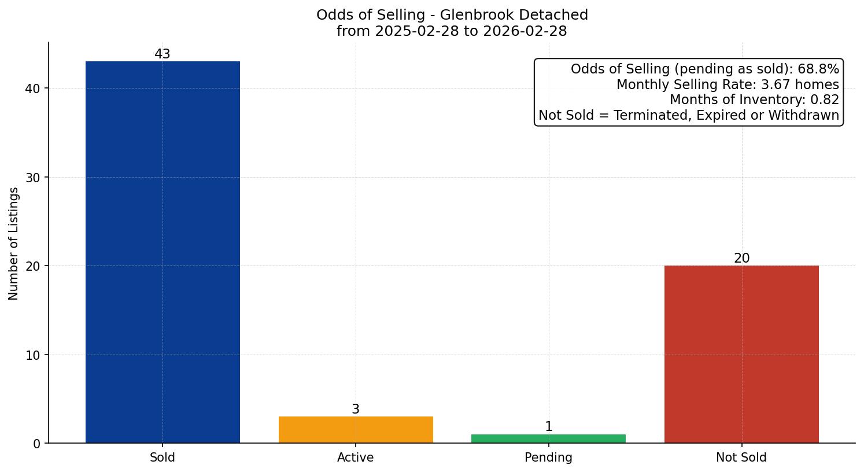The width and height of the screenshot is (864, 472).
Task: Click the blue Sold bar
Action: coord(163,252)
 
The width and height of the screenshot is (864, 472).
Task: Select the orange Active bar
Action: coord(355,430)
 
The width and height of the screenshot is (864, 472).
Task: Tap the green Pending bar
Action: coord(548,438)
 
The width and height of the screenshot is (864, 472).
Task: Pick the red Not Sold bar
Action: coord(741,354)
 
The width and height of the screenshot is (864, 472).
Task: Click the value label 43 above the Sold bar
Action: coord(163,54)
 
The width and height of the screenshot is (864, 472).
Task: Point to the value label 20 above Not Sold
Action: coord(741,259)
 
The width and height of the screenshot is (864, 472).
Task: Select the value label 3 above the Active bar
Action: coord(355,410)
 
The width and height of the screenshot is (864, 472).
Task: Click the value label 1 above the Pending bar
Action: coord(548,427)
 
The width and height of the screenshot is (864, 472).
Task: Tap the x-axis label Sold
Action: coord(163,458)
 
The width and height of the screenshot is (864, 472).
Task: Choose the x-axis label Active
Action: coord(355,458)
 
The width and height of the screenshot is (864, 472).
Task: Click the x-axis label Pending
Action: coord(548,458)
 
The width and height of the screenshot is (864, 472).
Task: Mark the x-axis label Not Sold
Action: coord(741,458)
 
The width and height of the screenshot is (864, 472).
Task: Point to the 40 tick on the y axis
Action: coord(33,89)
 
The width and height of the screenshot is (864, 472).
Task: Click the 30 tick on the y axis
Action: coord(33,178)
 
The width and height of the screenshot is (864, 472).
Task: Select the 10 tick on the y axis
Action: coord(33,355)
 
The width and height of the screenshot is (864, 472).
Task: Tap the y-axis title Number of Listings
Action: coord(14,243)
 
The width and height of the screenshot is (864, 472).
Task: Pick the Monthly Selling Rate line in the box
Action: coord(728,84)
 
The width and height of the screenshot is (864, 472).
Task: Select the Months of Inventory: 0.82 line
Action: coord(754,100)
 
